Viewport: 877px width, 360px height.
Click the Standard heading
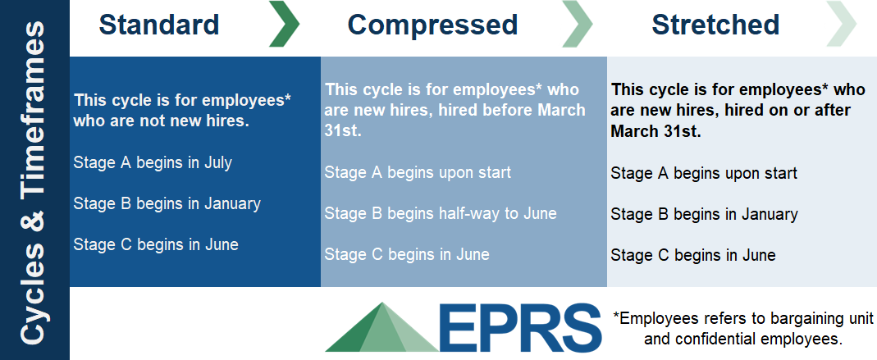(x=159, y=25)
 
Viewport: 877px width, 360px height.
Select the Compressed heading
(x=432, y=25)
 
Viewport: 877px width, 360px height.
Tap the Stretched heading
(x=715, y=25)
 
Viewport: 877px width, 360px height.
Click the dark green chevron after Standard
(x=284, y=25)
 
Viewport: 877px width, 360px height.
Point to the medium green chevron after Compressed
(x=577, y=25)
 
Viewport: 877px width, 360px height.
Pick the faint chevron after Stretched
(x=843, y=25)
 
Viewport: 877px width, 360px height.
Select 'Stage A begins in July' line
(x=153, y=162)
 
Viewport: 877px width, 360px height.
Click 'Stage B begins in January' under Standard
(x=167, y=203)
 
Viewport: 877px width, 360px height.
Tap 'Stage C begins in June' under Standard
(x=156, y=244)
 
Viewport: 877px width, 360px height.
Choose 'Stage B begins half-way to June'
(x=441, y=213)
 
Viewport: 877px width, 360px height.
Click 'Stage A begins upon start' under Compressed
(x=418, y=172)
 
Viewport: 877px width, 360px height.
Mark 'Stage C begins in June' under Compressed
(x=407, y=254)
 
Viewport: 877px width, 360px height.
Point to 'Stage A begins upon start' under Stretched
(x=704, y=173)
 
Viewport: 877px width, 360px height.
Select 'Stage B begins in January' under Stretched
(x=704, y=215)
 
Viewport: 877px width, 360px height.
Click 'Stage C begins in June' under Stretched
(x=693, y=256)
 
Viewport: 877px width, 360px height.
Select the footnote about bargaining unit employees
(x=742, y=327)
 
